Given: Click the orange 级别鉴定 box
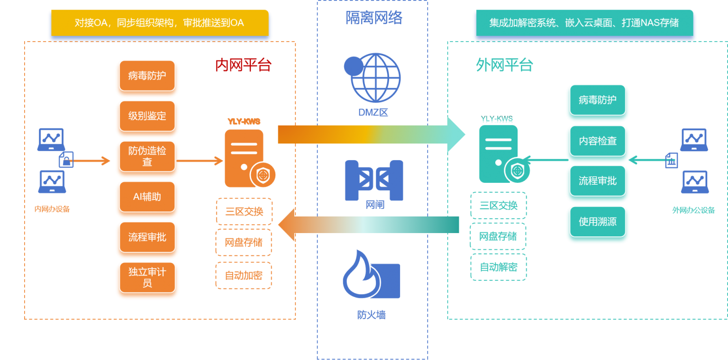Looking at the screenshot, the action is coord(147,116).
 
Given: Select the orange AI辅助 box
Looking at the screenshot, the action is coord(147,197).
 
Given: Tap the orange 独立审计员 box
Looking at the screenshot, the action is coord(147,278).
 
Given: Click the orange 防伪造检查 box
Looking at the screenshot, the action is coord(147,156).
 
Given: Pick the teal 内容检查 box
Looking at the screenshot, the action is coord(598,141).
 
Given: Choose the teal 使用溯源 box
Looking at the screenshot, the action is coord(598,222).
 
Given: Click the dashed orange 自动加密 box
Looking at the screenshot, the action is coord(244,276).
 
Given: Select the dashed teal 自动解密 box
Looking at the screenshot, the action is coord(499,267).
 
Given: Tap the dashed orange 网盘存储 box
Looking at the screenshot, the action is coord(244,243).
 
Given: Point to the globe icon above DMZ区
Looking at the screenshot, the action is coord(373,78).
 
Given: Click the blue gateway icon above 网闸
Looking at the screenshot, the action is coord(374,180).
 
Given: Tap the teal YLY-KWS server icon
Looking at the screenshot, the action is coord(504,154).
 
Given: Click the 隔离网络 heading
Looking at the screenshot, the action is coord(374,18).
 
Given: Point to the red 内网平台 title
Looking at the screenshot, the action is coord(243,65).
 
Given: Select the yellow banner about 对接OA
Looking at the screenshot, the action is coord(160,23).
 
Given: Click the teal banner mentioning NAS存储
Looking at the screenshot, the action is coord(584,23).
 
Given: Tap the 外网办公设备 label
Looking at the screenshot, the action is coord(693,210).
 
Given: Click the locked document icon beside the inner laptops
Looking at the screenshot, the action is coord(66,160).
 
